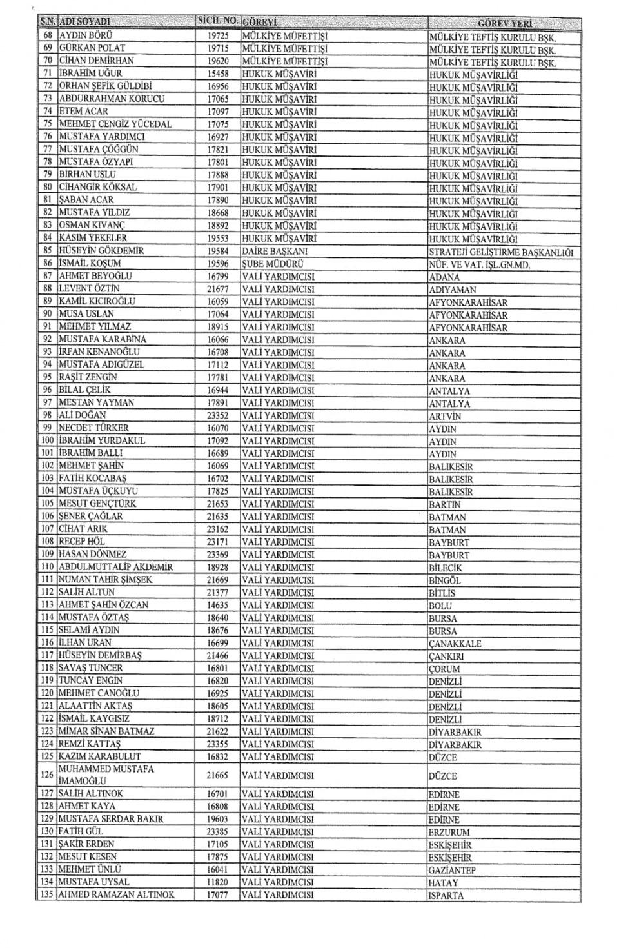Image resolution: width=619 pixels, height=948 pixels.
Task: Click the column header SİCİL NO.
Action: [x=218, y=23]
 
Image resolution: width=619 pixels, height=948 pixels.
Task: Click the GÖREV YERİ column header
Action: [x=505, y=24]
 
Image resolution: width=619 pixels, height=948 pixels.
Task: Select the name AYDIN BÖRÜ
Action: [x=86, y=35]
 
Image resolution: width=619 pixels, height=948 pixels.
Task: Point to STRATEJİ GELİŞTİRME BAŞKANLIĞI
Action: [x=500, y=252]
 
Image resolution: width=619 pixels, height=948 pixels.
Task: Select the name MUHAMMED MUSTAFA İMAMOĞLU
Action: [x=106, y=775]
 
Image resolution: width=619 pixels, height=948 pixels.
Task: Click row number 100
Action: [x=48, y=440]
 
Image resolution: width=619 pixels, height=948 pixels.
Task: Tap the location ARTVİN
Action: [x=445, y=417]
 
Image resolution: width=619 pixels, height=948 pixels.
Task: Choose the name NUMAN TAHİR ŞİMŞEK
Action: [x=106, y=580]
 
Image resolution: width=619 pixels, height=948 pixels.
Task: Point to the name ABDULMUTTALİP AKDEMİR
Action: [x=116, y=567]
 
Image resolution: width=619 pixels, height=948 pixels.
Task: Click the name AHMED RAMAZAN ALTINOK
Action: [x=117, y=895]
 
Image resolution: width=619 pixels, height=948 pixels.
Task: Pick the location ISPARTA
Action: [x=446, y=896]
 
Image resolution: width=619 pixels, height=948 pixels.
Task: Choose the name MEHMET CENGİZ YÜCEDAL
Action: [x=115, y=124]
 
